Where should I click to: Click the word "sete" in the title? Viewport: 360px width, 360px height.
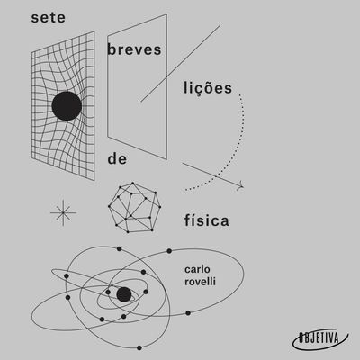49,17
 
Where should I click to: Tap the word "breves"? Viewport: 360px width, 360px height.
134,49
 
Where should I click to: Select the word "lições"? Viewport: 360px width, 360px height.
208,88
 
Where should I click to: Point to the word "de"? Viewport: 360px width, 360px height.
117,158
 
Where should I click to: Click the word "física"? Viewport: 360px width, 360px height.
207,220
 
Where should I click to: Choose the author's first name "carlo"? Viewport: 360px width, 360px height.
197,269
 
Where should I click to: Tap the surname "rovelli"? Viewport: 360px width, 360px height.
200,282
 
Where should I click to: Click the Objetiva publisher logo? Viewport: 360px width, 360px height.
319,338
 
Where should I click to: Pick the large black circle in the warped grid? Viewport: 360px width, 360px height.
67,106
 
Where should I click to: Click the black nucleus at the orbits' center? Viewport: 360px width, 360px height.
124,294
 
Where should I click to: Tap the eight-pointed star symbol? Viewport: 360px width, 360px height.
63,212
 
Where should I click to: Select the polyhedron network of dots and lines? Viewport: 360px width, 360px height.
134,207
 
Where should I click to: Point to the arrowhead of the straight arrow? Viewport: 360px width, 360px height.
241,186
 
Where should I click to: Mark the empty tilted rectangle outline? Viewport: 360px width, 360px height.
166,87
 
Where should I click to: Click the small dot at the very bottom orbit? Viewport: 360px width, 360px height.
139,348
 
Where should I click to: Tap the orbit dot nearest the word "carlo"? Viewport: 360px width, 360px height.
169,251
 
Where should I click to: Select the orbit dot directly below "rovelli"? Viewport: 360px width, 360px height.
188,313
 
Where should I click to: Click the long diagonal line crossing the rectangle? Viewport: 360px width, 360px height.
181,64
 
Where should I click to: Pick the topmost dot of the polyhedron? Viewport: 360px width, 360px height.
133,183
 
